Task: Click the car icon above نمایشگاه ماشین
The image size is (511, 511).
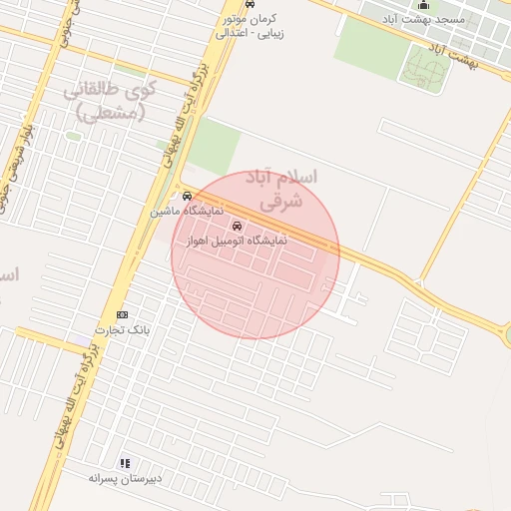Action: click(x=187, y=197)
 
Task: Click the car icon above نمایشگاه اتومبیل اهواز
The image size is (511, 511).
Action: click(x=237, y=226)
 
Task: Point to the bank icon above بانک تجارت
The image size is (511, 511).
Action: click(x=123, y=315)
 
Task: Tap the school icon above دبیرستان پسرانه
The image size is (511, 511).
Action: click(x=125, y=463)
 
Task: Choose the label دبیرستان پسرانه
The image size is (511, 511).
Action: click(x=118, y=478)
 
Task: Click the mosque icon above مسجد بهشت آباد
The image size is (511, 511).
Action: click(x=422, y=4)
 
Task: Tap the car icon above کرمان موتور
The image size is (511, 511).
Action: click(x=250, y=5)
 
